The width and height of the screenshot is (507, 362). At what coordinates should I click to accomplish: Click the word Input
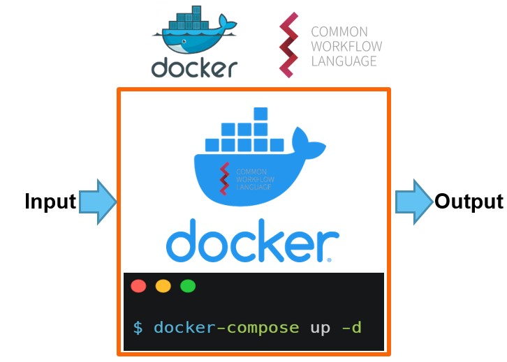point(50,202)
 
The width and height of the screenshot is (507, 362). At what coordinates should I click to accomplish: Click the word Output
point(469,202)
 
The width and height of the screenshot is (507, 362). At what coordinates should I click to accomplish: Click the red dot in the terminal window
point(138,286)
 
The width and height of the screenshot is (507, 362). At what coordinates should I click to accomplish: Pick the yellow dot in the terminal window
point(163,286)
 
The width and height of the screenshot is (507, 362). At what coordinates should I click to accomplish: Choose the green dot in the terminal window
point(188,286)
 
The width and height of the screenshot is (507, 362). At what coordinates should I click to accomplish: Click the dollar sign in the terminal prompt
point(138,327)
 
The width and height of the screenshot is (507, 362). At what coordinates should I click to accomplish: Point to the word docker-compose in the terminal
point(226,327)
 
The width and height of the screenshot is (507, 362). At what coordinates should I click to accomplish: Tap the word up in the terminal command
point(321,327)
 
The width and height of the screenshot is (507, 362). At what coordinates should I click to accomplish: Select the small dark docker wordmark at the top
point(194,68)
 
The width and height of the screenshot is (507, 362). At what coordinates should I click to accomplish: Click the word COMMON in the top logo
point(339,32)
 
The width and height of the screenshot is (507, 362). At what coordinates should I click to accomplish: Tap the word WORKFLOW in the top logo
point(346,47)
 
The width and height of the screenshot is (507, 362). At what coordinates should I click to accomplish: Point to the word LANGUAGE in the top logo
point(344,61)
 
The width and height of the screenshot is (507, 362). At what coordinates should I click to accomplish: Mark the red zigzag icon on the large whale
point(225,178)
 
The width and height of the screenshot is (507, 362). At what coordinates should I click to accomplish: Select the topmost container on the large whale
point(260,114)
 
